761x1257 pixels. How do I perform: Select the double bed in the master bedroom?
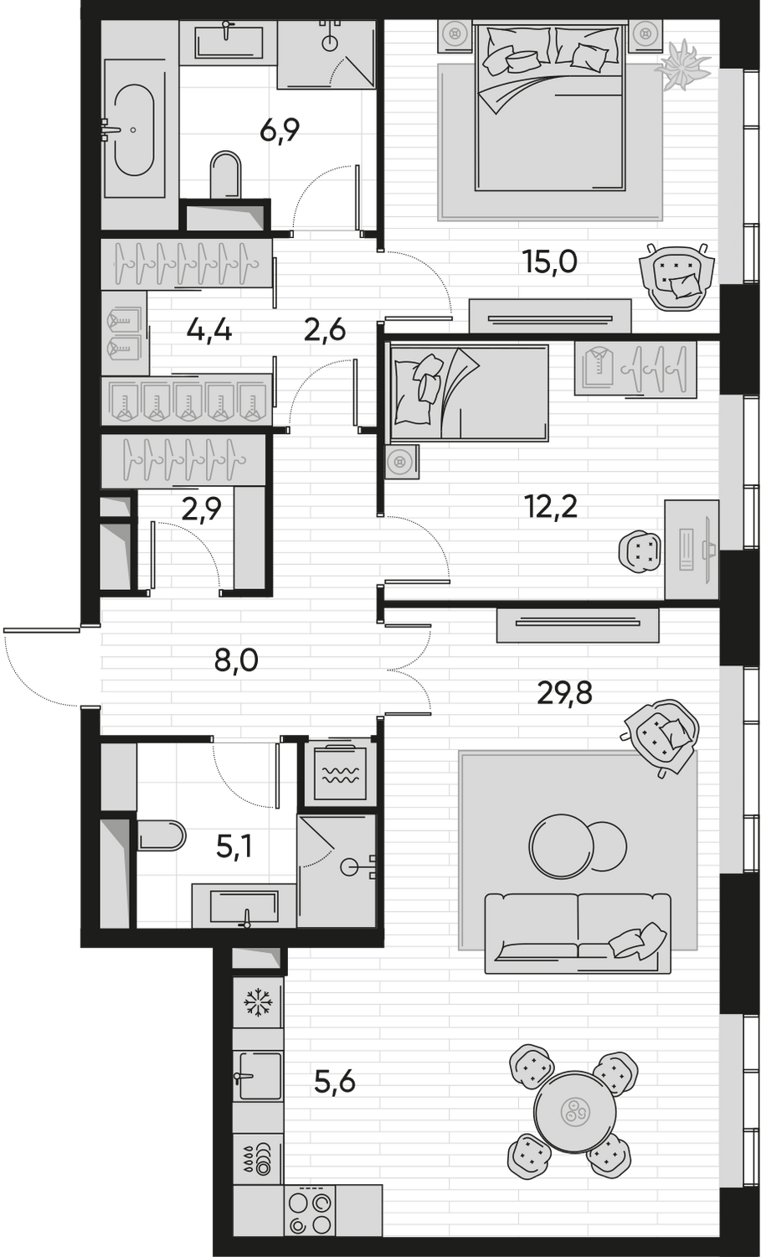[550, 109]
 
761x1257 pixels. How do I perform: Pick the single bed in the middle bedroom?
[467, 392]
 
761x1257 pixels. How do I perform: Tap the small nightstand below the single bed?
[403, 461]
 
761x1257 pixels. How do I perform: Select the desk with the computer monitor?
[692, 549]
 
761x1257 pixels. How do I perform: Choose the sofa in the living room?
[578, 932]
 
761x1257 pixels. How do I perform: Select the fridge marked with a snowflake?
[257, 1002]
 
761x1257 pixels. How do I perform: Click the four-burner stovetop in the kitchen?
[311, 1212]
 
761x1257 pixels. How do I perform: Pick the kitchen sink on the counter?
[258, 1075]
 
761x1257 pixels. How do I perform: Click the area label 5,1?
[235, 850]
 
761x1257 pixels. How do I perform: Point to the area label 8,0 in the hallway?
[237, 663]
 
